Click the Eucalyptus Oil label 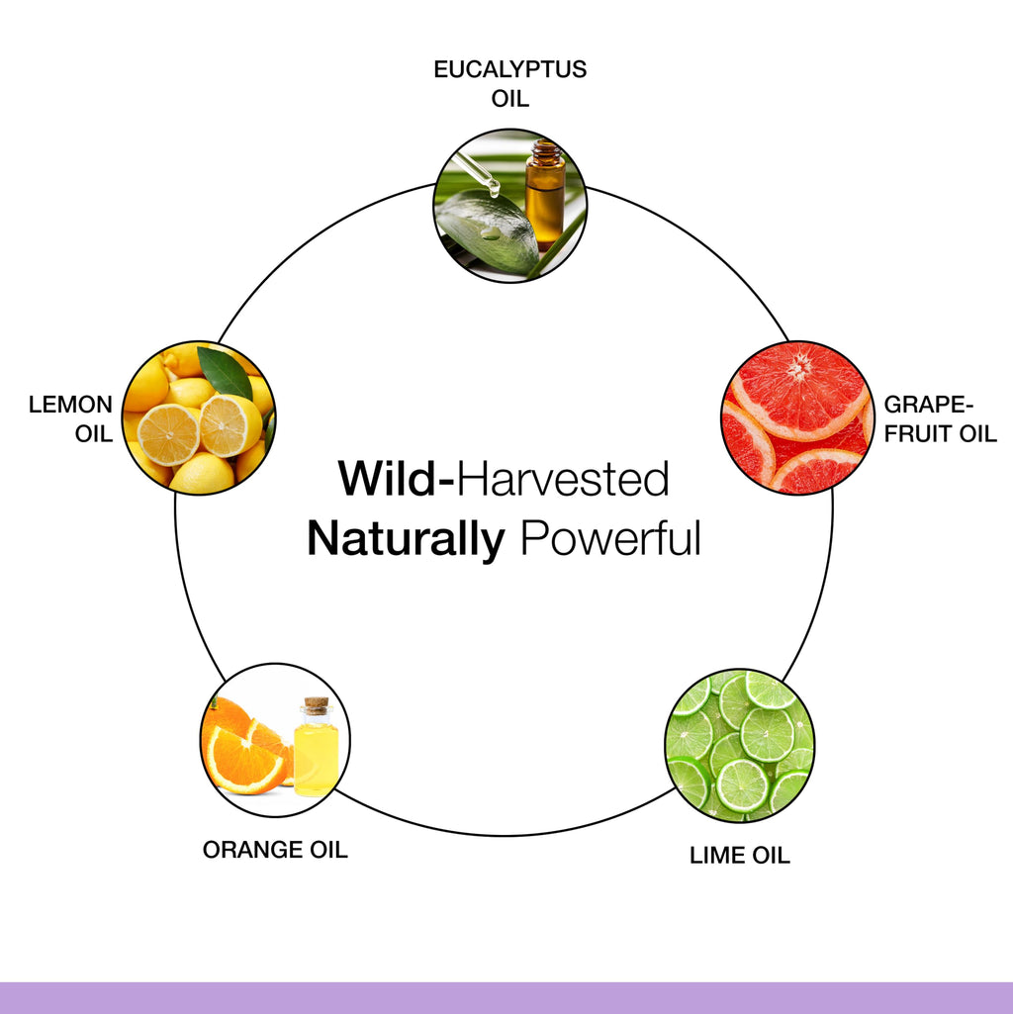pos(509,83)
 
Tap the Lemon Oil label pos(70,418)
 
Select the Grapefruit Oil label pos(940,418)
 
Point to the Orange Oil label pos(275,849)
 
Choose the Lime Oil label pos(739,855)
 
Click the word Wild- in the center pos(397,479)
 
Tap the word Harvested pos(563,479)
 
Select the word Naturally pos(406,539)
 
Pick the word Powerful pos(610,538)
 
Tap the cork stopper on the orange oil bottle pos(316,704)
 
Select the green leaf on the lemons pos(226,372)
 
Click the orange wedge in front pos(246,760)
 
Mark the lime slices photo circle pos(739,746)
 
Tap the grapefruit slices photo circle pos(797,417)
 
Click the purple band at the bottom pos(506,998)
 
